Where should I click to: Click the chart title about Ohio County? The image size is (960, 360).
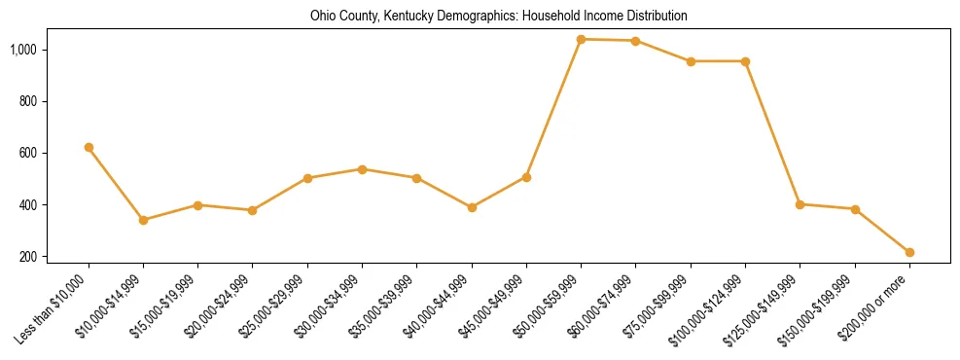pos(499,17)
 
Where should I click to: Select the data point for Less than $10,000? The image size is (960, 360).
pos(89,147)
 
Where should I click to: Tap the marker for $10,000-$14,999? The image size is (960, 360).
pos(143,220)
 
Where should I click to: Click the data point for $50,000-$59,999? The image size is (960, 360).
pos(581,39)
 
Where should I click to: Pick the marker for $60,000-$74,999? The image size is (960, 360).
pos(635,41)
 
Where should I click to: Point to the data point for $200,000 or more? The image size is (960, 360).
pos(909,252)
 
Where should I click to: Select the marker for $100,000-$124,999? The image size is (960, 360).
pos(745,61)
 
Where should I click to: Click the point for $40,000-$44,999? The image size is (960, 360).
pos(472,207)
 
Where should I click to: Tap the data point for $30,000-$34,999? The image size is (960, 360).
pos(362,169)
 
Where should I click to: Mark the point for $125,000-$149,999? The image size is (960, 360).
pos(800,204)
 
